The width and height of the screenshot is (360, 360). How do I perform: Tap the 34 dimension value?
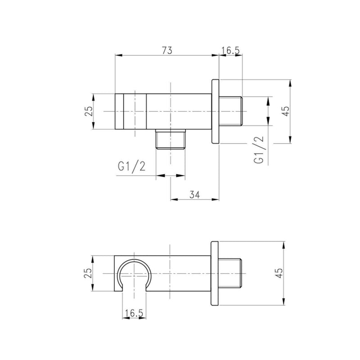point(194,194)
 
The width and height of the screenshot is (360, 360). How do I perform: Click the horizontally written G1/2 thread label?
point(131,167)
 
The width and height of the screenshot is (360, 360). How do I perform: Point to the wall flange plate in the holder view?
point(215,273)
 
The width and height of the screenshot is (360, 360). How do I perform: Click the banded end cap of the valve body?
point(130,111)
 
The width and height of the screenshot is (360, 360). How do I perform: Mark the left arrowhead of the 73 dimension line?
point(118,55)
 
